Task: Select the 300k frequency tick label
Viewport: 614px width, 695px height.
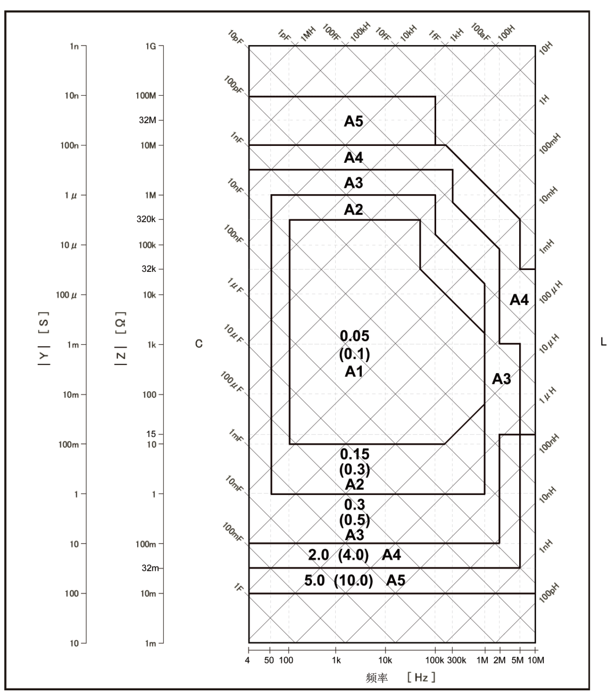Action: tap(456, 660)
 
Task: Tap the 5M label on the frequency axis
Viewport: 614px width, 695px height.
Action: tap(518, 660)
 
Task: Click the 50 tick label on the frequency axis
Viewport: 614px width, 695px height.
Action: tap(269, 660)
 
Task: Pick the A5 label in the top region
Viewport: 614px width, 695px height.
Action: tap(354, 122)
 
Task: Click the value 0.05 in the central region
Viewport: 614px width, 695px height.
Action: tap(355, 336)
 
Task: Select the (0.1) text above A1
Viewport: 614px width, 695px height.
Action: tap(355, 354)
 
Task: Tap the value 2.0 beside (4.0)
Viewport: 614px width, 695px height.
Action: tap(318, 555)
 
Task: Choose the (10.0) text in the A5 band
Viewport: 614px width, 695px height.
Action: tap(354, 580)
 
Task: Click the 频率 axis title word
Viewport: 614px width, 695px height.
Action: tap(376, 677)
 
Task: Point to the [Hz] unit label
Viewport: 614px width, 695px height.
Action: tap(421, 677)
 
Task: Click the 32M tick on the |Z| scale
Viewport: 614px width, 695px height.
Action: tap(147, 120)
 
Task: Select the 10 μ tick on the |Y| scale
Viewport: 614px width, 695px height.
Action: tap(68, 245)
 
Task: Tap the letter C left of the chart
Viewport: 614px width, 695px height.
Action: tap(199, 344)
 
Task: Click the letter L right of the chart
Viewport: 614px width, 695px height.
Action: tap(604, 342)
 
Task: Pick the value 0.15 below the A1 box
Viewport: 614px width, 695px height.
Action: tap(355, 454)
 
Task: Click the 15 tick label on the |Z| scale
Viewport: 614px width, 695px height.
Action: tap(151, 434)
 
